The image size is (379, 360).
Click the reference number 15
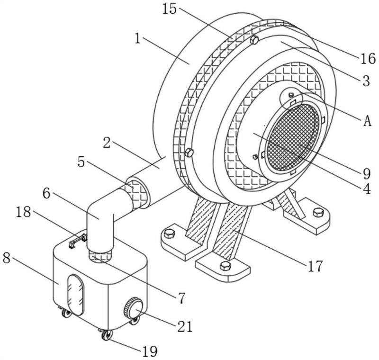[170, 9]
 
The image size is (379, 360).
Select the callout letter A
[368, 121]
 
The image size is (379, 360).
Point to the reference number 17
[315, 266]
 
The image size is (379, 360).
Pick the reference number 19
[150, 351]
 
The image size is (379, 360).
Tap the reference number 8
[7, 258]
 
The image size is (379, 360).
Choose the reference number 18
[23, 212]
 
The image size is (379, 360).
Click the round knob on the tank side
[133, 308]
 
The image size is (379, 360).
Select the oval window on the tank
[76, 295]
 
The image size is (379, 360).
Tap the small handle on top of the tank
[78, 241]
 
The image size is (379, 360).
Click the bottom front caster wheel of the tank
[107, 335]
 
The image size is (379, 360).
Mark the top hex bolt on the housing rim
[254, 40]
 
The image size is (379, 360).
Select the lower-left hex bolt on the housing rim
[189, 153]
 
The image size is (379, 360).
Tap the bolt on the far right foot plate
[318, 212]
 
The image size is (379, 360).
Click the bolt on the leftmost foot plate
[170, 234]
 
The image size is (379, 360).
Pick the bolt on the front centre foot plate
[226, 266]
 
